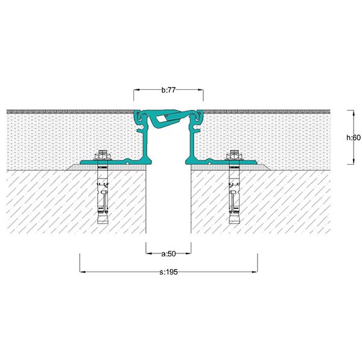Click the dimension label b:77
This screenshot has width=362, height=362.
coord(168,90)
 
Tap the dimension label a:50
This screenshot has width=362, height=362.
coord(168,254)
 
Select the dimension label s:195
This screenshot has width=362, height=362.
coord(168,272)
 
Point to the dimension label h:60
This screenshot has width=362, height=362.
coord(353,138)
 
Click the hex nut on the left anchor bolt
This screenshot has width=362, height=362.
coord(103,155)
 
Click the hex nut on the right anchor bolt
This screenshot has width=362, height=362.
coord(234,155)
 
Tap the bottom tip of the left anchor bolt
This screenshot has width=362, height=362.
coord(103,223)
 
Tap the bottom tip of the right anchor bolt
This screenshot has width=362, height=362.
coord(234,223)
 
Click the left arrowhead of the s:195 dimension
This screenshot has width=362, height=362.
coord(83,272)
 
